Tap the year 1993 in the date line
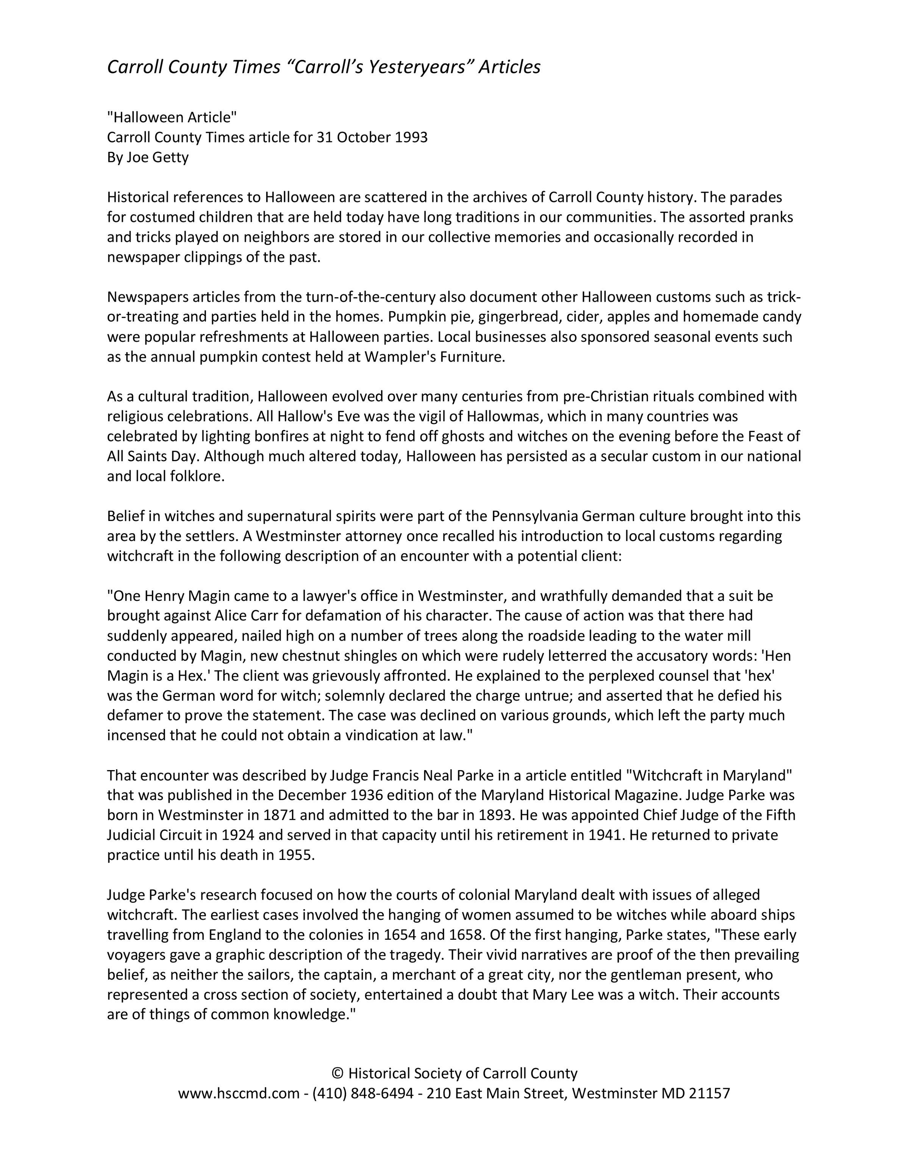(411, 137)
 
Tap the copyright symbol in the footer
(337, 1074)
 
